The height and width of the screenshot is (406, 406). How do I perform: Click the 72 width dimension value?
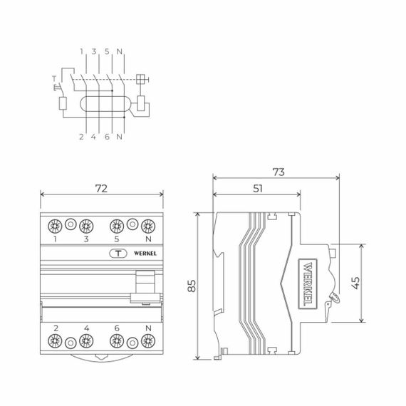[x=101, y=189]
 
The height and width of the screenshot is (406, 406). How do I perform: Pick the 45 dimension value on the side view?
[x=375, y=283]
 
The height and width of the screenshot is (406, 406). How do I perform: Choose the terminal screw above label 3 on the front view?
[x=85, y=227]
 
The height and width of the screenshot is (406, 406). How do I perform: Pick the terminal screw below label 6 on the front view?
[x=116, y=340]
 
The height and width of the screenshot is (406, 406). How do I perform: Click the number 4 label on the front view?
[x=85, y=328]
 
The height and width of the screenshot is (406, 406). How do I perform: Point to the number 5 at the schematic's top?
[x=107, y=51]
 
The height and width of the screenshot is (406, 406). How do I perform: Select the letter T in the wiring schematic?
[x=53, y=78]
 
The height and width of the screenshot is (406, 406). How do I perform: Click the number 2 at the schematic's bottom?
[x=81, y=135]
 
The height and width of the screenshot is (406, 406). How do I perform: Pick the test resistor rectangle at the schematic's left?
[x=62, y=103]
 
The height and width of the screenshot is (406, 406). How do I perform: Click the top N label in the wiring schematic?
[x=119, y=51]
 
